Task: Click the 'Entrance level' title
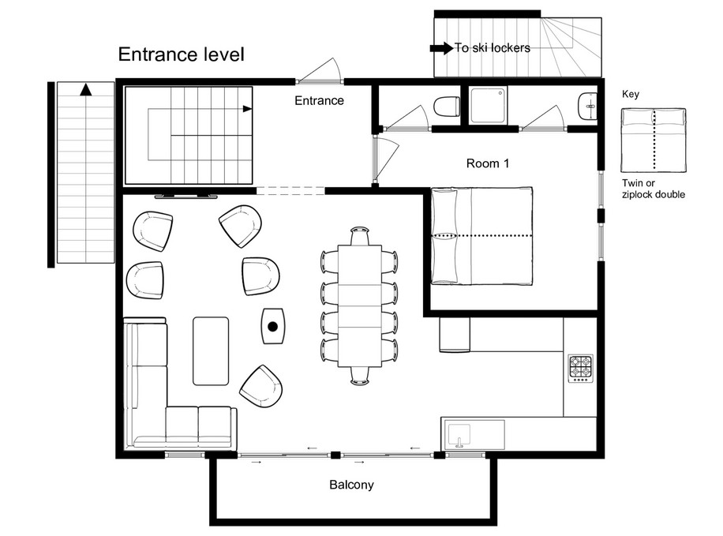pyautogui.click(x=182, y=54)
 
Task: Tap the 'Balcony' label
pyautogui.click(x=351, y=485)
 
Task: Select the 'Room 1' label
pyautogui.click(x=487, y=163)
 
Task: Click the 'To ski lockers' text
pyautogui.click(x=493, y=48)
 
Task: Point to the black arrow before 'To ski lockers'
pyautogui.click(x=441, y=48)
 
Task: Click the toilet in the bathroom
pyautogui.click(x=447, y=107)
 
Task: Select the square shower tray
pyautogui.click(x=489, y=107)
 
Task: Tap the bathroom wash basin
pyautogui.click(x=587, y=107)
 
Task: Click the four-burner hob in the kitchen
pyautogui.click(x=580, y=368)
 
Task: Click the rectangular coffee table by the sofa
pyautogui.click(x=211, y=351)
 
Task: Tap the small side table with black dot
pyautogui.click(x=273, y=326)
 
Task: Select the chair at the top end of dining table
pyautogui.click(x=360, y=236)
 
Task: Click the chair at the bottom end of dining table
pyautogui.click(x=360, y=376)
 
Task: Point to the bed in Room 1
pyautogui.click(x=481, y=236)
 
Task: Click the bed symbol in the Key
pyautogui.click(x=654, y=141)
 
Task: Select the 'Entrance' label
pyautogui.click(x=319, y=100)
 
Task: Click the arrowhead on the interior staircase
pyautogui.click(x=248, y=109)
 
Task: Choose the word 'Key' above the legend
pyautogui.click(x=631, y=95)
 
